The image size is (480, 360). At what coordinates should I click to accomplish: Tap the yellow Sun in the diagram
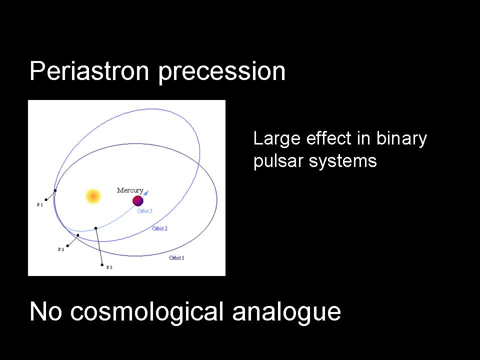click(x=93, y=196)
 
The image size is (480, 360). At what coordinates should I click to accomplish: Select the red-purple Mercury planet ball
click(x=138, y=201)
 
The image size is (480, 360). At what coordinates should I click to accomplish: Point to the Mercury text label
click(x=130, y=190)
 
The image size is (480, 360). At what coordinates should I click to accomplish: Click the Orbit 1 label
click(x=176, y=258)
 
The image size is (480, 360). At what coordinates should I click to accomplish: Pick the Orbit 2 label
click(x=159, y=228)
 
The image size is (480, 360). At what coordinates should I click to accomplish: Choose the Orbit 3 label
click(x=144, y=211)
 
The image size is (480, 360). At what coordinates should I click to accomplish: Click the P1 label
click(x=40, y=204)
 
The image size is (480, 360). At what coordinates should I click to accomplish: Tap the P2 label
click(x=61, y=249)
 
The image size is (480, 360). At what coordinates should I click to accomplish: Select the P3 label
click(x=109, y=267)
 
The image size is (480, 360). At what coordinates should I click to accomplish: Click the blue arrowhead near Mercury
click(x=146, y=193)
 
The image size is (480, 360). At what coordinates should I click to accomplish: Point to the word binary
click(x=401, y=139)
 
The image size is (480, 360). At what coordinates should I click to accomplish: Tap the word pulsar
click(x=278, y=161)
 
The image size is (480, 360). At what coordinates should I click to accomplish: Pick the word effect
click(x=329, y=138)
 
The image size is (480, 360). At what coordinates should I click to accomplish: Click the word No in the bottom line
click(x=46, y=311)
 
